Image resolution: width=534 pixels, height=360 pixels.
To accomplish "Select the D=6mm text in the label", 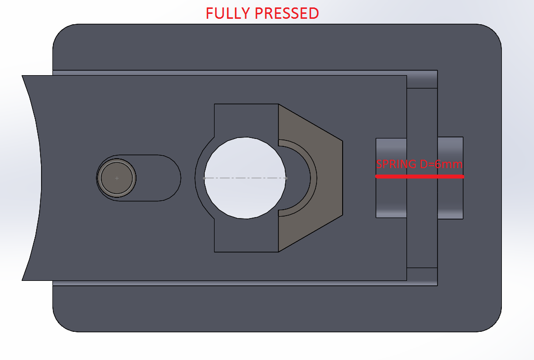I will (441, 164).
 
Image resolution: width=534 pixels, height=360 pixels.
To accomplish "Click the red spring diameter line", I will (419, 177).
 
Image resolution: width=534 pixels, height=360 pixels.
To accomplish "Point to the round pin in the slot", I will (117, 178).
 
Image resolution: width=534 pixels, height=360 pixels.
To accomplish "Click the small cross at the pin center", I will (117, 178).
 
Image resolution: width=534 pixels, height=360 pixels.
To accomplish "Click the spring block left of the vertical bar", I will (391, 198).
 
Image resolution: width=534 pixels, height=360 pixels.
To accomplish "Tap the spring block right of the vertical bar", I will (450, 198).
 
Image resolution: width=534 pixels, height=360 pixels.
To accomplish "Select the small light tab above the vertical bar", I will (422, 79).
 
